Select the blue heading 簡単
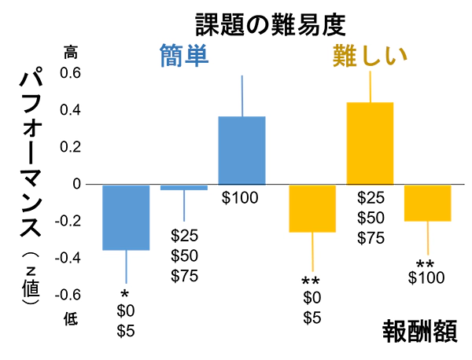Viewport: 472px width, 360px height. tap(183, 57)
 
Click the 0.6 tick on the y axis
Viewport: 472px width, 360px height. tap(72, 73)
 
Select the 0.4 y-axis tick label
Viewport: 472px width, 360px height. tap(72, 110)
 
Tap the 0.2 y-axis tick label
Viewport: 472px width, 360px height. tap(72, 147)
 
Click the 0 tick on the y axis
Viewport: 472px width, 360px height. tap(77, 184)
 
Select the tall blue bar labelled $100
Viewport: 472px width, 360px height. tap(242, 149)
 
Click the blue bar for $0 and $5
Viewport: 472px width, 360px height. tap(127, 217)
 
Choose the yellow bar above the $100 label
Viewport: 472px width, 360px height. tap(428, 203)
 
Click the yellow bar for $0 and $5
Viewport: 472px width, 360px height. tap(312, 208)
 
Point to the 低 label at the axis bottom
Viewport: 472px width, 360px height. tap(72, 318)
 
